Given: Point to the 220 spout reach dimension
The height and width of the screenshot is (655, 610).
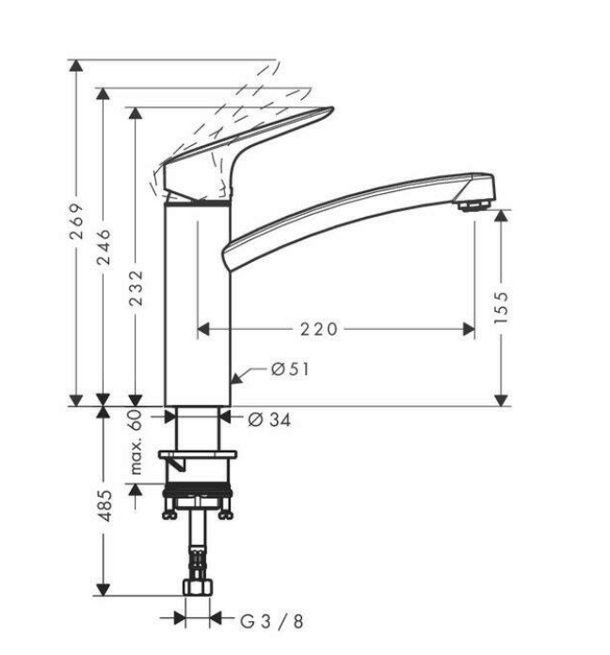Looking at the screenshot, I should point(318,329).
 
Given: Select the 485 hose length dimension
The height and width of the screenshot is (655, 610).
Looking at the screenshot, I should point(105,505).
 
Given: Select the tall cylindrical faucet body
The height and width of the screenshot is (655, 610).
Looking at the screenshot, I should point(198,302).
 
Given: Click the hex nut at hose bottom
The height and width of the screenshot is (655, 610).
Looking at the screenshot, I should point(198,590).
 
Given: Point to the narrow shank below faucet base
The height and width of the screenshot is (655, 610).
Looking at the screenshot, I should point(198,429).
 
